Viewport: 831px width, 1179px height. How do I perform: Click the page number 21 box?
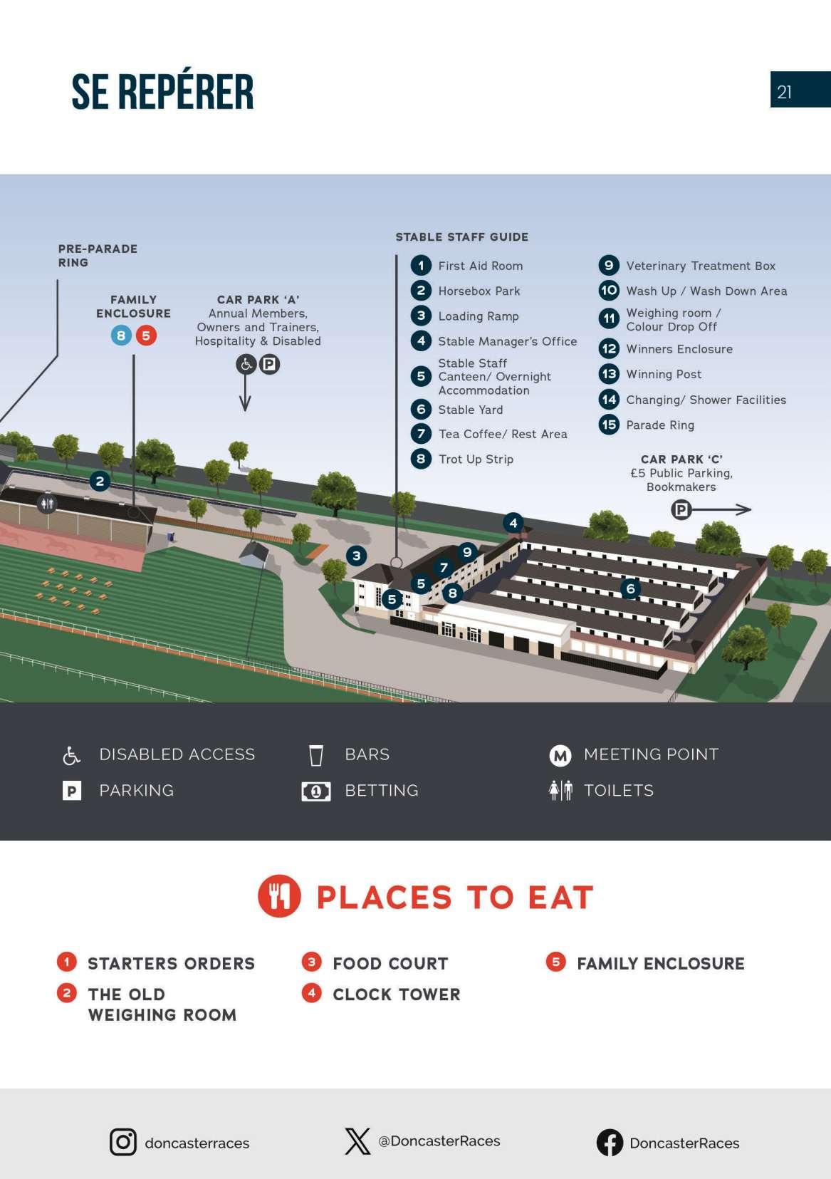(x=800, y=90)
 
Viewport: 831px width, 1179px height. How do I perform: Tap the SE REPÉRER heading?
(x=162, y=91)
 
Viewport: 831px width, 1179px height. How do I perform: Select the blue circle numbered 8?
(x=121, y=336)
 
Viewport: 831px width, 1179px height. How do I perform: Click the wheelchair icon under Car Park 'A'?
(x=246, y=365)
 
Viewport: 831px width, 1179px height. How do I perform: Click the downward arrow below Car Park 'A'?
(x=245, y=394)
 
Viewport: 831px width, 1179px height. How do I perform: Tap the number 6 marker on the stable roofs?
(x=630, y=588)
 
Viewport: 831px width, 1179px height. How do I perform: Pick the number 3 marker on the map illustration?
(x=357, y=556)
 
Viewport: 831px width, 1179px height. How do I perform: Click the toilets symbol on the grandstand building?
(x=47, y=504)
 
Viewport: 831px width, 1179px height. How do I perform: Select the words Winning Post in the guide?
(x=663, y=374)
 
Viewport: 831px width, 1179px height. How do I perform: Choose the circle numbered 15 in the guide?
(x=609, y=425)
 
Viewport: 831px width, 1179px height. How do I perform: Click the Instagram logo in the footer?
(x=122, y=1142)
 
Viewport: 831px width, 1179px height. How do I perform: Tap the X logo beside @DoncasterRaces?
(x=357, y=1141)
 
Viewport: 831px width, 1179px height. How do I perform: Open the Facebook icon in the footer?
(x=610, y=1143)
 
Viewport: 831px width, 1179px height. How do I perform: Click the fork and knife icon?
(x=279, y=896)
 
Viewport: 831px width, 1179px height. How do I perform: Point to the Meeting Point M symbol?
(x=560, y=755)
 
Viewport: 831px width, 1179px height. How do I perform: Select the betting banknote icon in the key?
(x=316, y=791)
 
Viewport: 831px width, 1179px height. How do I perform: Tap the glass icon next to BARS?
(x=316, y=755)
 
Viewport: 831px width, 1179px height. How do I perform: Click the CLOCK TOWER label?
(x=396, y=994)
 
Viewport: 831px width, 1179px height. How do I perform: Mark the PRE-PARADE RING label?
(x=98, y=255)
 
